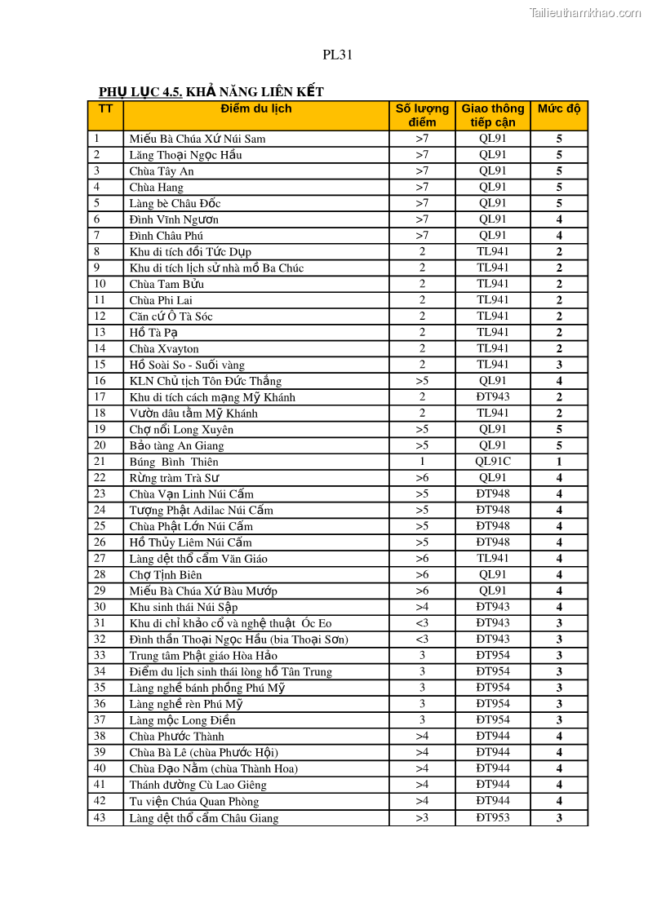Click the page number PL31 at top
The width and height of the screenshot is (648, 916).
pyautogui.click(x=337, y=55)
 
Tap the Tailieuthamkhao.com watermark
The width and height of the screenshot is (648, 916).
pyautogui.click(x=584, y=12)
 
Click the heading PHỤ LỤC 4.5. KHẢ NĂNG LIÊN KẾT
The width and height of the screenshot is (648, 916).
pyautogui.click(x=211, y=92)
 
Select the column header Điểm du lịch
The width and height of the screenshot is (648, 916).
pyautogui.click(x=255, y=108)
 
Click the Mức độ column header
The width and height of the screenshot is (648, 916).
pyautogui.click(x=559, y=108)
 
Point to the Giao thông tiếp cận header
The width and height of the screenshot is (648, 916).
pyautogui.click(x=493, y=115)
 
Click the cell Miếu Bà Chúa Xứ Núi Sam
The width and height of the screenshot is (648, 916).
pyautogui.click(x=197, y=139)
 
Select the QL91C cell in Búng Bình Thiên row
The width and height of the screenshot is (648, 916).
pyautogui.click(x=493, y=462)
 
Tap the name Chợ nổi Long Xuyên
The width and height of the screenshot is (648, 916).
pyautogui.click(x=181, y=430)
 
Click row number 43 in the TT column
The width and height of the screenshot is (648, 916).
pyautogui.click(x=100, y=817)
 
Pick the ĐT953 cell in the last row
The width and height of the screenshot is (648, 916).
pyautogui.click(x=493, y=817)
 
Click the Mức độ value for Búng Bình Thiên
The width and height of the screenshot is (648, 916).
pyautogui.click(x=559, y=462)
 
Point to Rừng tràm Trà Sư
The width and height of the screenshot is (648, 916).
pyautogui.click(x=174, y=478)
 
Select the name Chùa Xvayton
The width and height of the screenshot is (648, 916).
pyautogui.click(x=163, y=349)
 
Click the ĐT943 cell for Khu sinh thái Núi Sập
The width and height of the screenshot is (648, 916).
pyautogui.click(x=493, y=607)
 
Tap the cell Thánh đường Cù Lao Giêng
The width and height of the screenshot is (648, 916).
pyautogui.click(x=198, y=785)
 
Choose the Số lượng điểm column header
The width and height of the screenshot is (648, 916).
pyautogui.click(x=422, y=115)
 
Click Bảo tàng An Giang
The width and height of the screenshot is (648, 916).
pyautogui.click(x=176, y=446)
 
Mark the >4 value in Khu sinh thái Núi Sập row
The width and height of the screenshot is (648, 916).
pyautogui.click(x=422, y=607)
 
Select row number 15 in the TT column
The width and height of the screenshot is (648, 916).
pyautogui.click(x=100, y=365)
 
